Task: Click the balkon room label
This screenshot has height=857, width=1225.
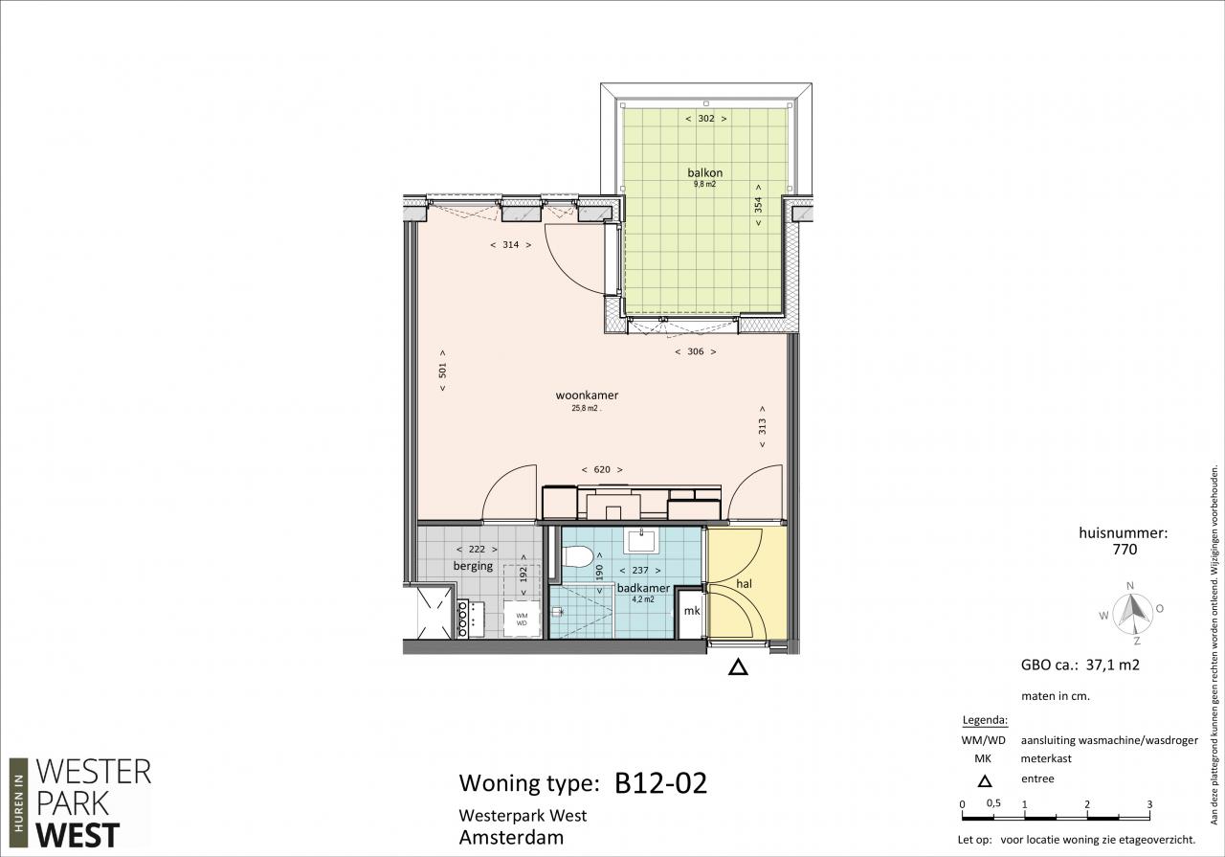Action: point(705,173)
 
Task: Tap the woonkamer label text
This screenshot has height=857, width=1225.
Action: point(587,395)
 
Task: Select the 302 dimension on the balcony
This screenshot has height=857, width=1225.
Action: point(706,118)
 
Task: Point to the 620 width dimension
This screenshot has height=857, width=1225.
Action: point(602,469)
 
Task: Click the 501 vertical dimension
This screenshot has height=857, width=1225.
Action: point(442,371)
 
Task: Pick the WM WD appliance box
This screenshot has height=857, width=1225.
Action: point(522,620)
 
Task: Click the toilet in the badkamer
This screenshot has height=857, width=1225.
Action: point(577,557)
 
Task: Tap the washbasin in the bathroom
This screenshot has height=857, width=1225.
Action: point(642,541)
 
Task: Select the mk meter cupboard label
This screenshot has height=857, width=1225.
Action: point(692,611)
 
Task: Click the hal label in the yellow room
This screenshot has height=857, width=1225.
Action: point(744,584)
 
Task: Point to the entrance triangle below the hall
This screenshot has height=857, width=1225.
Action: point(738,668)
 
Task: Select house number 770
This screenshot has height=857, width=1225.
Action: point(1125,550)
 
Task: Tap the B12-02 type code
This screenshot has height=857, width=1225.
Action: point(660,783)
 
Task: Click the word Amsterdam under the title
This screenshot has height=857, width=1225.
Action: point(511,837)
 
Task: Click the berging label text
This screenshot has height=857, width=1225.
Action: point(473,567)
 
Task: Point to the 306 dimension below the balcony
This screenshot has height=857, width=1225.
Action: point(696,351)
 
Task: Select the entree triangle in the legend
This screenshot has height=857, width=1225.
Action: point(985,781)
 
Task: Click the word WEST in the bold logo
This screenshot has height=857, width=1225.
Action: point(78,835)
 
